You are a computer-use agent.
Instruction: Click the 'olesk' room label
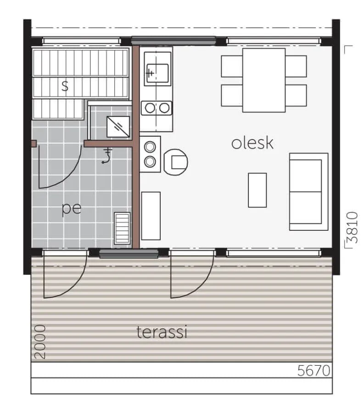(252, 143)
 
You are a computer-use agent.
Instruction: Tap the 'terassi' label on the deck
(162, 332)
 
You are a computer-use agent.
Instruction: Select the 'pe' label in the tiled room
(72, 209)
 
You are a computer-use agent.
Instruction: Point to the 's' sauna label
(65, 86)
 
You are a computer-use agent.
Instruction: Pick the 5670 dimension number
(314, 371)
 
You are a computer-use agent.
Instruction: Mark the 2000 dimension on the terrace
(40, 342)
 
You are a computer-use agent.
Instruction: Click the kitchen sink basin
(157, 73)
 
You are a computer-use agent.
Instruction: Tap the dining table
(264, 80)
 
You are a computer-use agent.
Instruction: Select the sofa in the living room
(309, 192)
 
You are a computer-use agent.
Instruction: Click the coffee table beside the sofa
(258, 190)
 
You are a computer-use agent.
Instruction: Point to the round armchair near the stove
(176, 162)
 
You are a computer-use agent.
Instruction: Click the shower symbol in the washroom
(106, 156)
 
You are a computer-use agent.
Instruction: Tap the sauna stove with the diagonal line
(118, 127)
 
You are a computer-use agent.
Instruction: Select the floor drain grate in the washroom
(122, 229)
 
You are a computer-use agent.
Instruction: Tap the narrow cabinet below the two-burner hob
(151, 216)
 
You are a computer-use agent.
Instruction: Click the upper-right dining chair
(296, 66)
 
